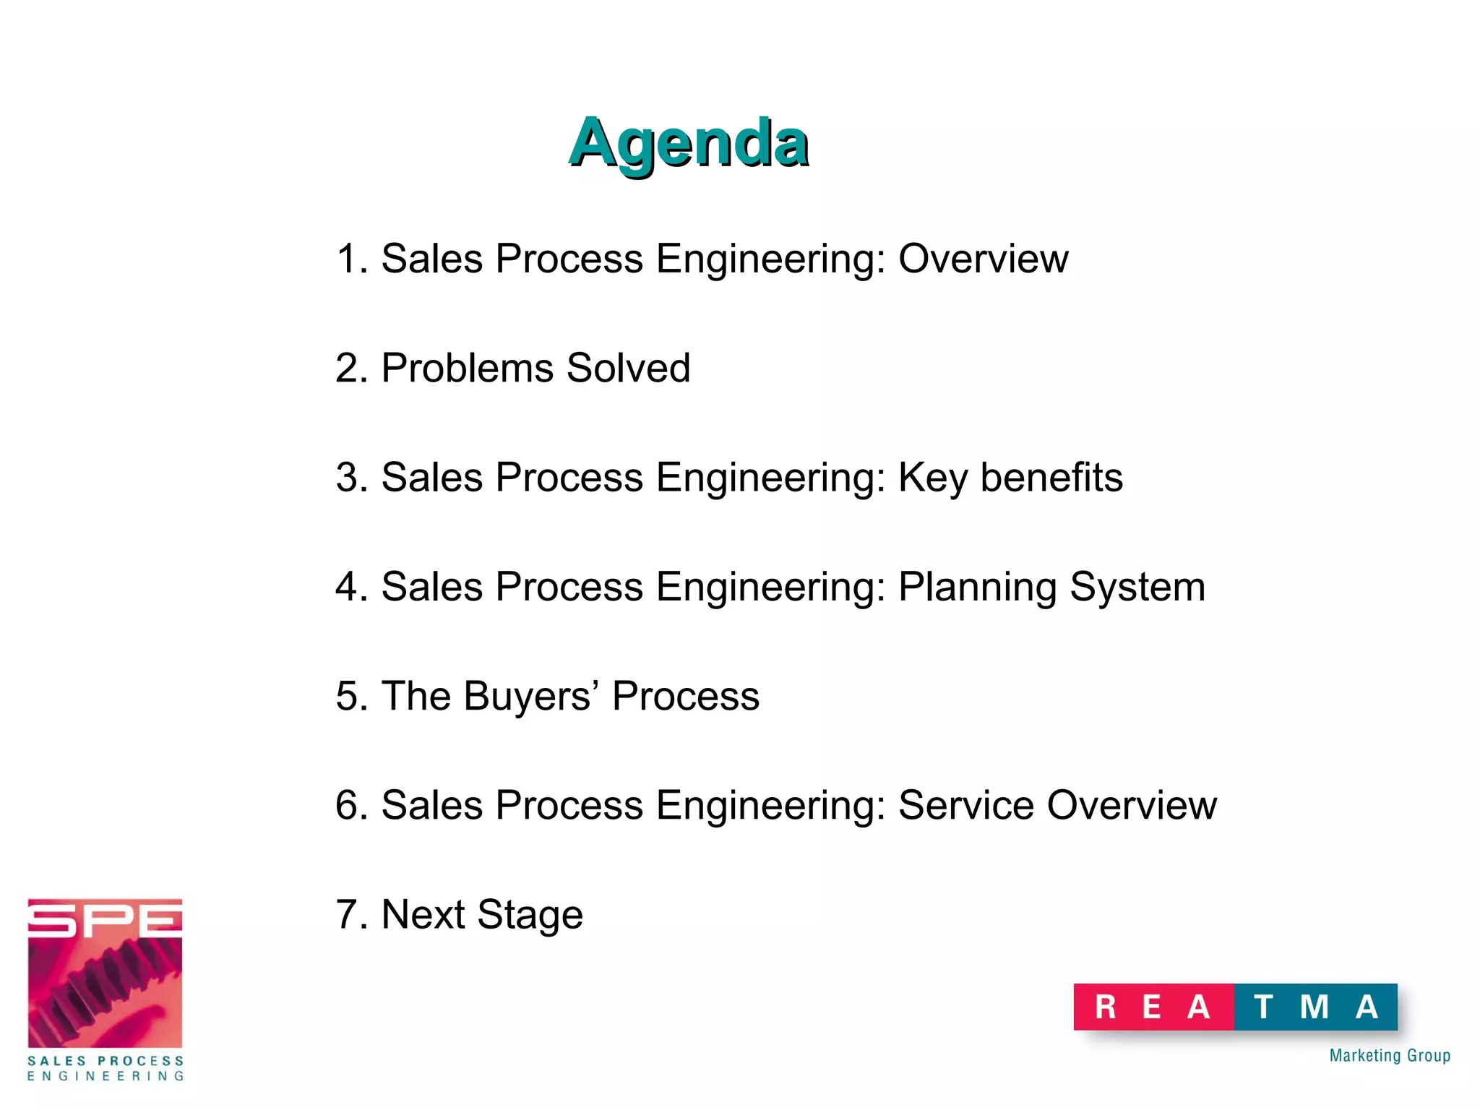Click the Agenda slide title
(688, 142)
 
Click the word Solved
(629, 368)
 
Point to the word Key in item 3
(932, 478)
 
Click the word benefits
(1051, 478)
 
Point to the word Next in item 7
(423, 914)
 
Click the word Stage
(530, 916)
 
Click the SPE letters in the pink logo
(105, 919)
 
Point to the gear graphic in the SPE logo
(105, 990)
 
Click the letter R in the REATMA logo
(1106, 1007)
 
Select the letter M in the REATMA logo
(1314, 1007)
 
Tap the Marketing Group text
(1390, 1056)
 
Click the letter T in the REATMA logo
(1263, 1007)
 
